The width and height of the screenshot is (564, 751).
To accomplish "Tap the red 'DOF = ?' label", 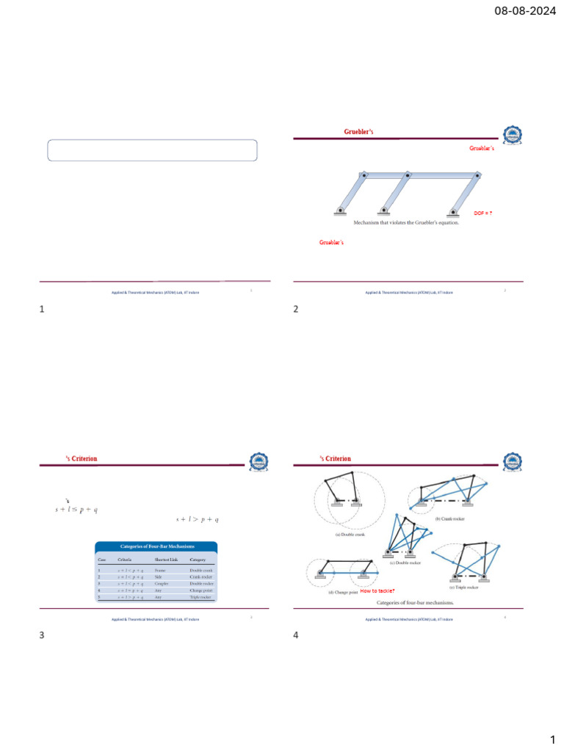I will click(x=482, y=213).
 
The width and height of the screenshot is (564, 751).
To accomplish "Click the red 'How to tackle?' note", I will click(x=377, y=590).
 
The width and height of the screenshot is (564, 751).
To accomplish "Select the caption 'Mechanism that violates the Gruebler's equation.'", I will click(x=406, y=223).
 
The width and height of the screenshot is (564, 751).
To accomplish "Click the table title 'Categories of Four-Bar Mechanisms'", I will click(x=156, y=546).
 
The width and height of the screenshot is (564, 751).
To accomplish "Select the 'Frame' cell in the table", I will click(x=161, y=570).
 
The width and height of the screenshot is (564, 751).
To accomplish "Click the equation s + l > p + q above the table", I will click(x=198, y=519).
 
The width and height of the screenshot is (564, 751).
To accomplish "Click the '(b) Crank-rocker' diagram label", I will click(x=452, y=519).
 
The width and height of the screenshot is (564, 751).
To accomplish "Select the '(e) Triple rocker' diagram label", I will click(x=463, y=587).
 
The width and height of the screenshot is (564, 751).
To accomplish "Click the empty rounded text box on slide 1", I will click(x=153, y=150).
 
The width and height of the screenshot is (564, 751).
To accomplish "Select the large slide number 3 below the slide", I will click(x=42, y=635).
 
